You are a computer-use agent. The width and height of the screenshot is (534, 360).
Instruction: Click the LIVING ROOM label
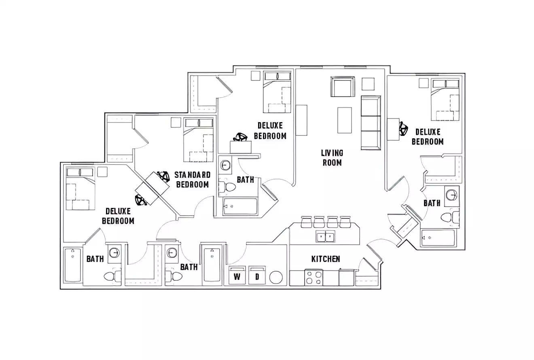pos(332,158)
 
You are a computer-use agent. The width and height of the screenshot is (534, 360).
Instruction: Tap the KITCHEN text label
pos(326,259)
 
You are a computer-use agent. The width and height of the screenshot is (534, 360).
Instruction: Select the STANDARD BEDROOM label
pos(193,180)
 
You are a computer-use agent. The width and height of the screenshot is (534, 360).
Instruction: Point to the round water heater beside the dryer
pos(276,277)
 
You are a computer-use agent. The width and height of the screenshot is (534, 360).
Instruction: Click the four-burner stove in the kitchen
pos(314,277)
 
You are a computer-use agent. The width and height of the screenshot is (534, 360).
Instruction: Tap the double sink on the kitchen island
pos(325,236)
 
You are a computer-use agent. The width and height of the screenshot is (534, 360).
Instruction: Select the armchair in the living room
pos(342,87)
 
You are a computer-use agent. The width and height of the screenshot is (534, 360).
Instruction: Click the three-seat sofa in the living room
pos(371,123)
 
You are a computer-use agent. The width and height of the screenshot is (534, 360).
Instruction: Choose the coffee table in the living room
pos(345,120)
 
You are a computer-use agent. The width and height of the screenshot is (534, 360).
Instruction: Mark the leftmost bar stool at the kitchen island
pos(307,222)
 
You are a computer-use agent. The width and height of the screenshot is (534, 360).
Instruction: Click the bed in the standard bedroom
pos(198,140)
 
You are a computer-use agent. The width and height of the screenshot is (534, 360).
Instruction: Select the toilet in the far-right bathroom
pos(450,218)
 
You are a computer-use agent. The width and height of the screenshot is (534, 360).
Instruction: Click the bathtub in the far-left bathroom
pos(73,265)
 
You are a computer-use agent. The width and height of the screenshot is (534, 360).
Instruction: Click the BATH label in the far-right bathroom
pos(432,203)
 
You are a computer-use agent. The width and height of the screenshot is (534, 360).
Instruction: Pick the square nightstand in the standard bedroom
pos(176,123)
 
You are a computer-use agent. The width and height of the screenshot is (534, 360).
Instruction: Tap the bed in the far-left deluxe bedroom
pos(80,189)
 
